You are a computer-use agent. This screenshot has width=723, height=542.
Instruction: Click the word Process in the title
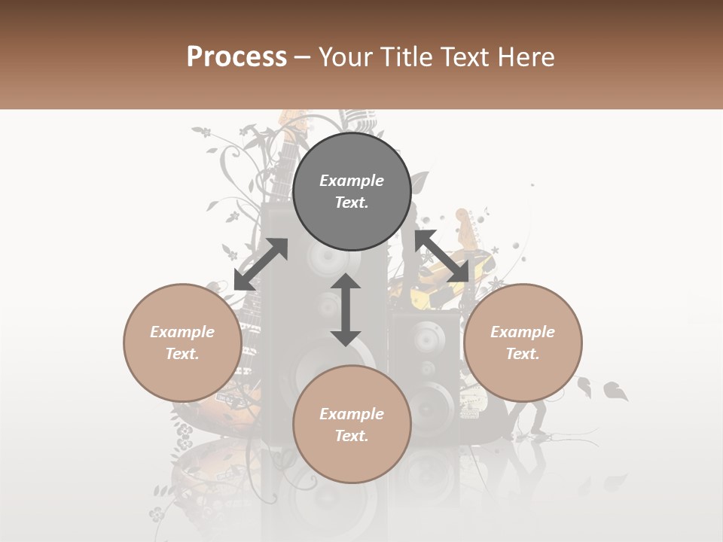236,57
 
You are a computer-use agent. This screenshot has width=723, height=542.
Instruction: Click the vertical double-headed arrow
346,309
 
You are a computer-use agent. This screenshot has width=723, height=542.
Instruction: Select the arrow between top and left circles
261,264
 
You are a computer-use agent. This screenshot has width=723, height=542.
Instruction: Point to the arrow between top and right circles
441,256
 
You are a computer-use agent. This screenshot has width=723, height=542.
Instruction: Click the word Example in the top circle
352,181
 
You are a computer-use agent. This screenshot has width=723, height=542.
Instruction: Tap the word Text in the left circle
182,354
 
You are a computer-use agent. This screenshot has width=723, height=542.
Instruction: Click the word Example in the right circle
523,332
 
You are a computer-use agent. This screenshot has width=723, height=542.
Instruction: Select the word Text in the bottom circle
352,436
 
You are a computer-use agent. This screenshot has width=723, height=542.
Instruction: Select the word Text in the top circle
352,202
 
